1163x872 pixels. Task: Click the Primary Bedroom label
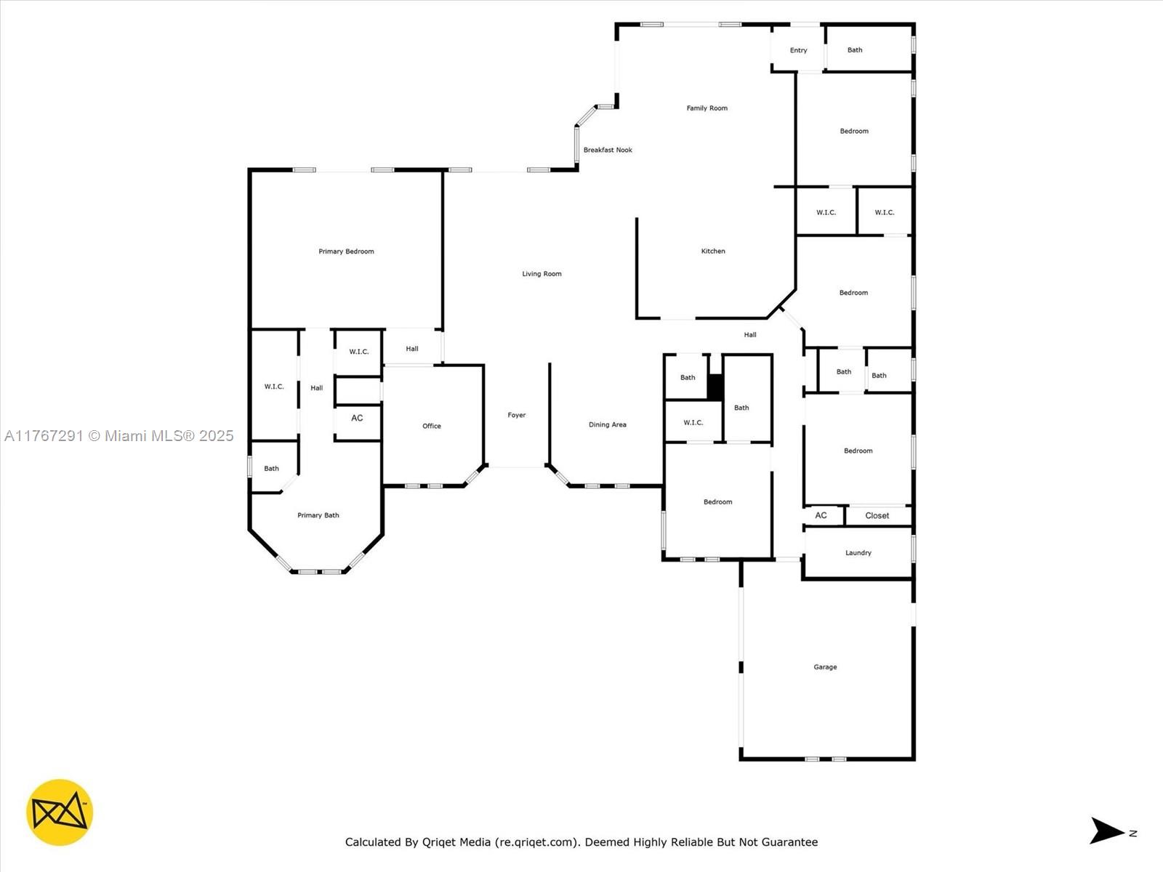[x=346, y=251]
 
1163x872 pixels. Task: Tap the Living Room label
[x=542, y=274]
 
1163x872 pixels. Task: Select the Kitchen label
[x=713, y=251]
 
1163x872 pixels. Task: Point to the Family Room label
[x=707, y=108]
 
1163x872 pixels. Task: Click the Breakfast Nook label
[x=608, y=150]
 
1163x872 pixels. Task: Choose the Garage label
[x=825, y=667]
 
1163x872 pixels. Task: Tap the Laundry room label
[x=858, y=553]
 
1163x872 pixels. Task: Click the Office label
[x=432, y=427]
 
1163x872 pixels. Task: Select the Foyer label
[x=517, y=416]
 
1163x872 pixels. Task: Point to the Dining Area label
[x=608, y=425]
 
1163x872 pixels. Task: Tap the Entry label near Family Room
[x=798, y=51]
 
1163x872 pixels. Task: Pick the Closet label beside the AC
[x=877, y=516]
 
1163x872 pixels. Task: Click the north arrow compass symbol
[x=1106, y=831]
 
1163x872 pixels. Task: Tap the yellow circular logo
[x=60, y=812]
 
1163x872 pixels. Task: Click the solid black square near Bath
[x=715, y=387]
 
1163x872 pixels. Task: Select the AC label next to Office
[x=357, y=419]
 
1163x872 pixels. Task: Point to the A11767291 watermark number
[x=44, y=436]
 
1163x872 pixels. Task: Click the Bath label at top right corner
[x=855, y=51]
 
